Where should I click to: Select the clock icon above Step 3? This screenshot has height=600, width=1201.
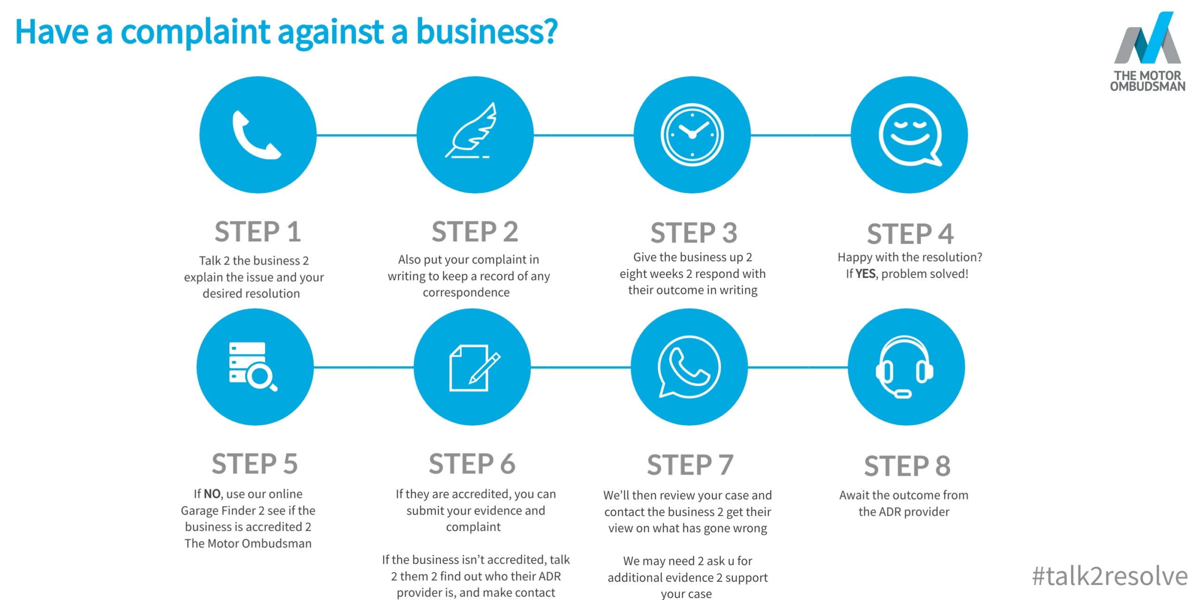[x=692, y=135]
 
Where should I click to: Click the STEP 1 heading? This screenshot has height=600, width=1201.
[x=258, y=232]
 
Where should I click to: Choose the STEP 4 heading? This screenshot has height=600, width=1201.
[x=910, y=234]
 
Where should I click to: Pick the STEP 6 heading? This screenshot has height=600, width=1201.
[x=472, y=464]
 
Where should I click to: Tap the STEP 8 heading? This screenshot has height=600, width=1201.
[x=907, y=466]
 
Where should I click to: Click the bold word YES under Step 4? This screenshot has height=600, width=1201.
[x=866, y=274]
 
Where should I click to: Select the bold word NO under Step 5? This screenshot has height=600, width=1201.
[x=212, y=494]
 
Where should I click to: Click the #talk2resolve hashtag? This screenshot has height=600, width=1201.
[x=1110, y=576]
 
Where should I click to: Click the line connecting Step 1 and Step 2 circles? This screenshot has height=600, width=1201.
[x=366, y=135]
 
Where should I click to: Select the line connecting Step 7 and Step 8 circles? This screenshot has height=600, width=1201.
[x=798, y=367]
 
